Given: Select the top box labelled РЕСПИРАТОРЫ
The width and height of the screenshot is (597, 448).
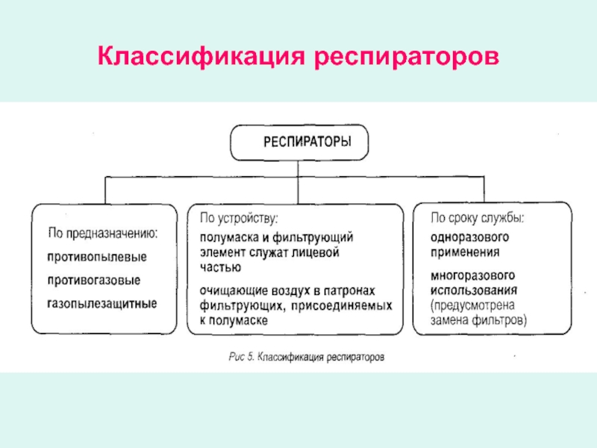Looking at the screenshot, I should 298,143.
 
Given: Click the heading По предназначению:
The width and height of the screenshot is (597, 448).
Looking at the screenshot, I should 102,233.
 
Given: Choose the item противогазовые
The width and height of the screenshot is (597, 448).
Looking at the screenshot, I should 94,281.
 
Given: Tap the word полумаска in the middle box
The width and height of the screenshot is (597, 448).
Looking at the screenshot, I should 227,237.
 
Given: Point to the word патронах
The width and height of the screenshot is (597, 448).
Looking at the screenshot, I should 352,290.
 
